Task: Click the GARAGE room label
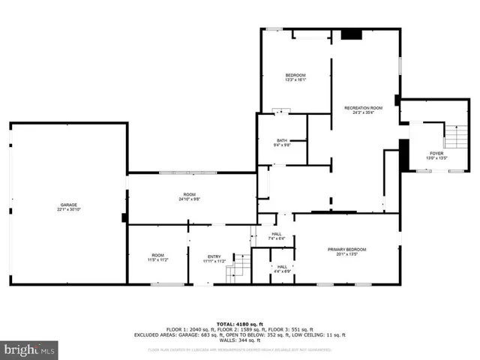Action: tap(69, 205)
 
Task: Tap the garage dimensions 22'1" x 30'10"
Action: tap(69, 210)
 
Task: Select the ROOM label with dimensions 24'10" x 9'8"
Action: tap(190, 194)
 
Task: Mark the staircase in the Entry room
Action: tap(238, 266)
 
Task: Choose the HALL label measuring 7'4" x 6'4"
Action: tap(277, 234)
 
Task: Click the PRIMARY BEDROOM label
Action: tap(346, 249)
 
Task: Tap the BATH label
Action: tap(282, 140)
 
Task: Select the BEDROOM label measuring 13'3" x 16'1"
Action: tap(295, 76)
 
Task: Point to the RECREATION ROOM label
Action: tap(363, 108)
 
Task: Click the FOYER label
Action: tap(436, 153)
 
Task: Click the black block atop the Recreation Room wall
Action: tap(350, 34)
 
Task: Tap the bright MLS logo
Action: tap(30, 349)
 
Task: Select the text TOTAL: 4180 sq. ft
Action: tap(239, 324)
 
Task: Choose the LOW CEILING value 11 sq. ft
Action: tap(334, 336)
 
